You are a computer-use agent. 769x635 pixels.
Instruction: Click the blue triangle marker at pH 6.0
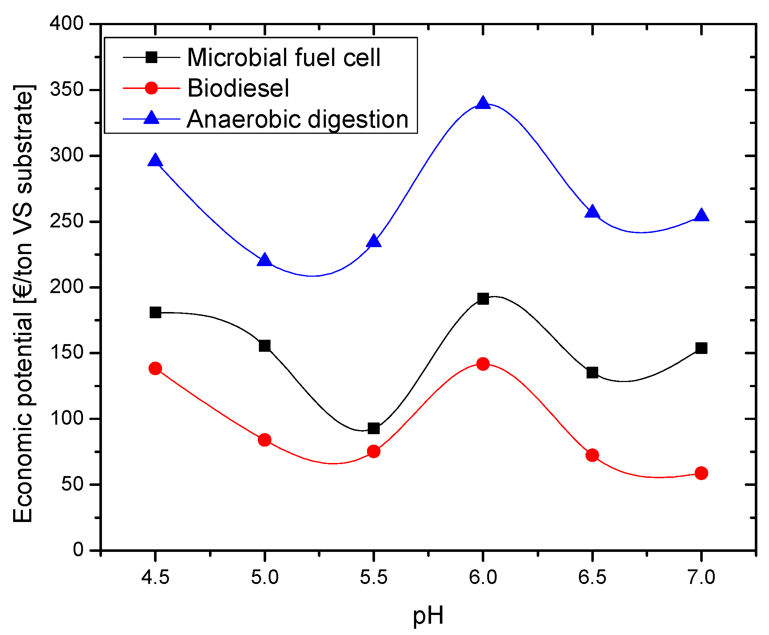coord(483,104)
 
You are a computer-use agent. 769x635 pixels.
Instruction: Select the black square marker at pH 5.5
coord(374,428)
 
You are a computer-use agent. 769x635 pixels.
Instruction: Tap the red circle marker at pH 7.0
coord(701,473)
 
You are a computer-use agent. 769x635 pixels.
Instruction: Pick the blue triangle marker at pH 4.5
coord(155,161)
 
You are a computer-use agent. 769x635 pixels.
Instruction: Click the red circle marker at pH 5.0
coord(264,440)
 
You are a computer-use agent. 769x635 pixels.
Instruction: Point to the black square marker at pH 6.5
coord(592,373)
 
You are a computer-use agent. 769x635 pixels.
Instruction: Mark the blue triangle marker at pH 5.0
coord(264,260)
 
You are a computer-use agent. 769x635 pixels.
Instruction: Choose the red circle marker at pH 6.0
coord(483,364)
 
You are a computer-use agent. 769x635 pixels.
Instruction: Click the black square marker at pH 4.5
coord(155,313)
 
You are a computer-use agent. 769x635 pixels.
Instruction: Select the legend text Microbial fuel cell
coord(284,58)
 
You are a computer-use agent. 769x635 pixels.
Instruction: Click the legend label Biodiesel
coord(238,89)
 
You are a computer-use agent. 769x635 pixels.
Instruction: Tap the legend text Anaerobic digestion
coord(297,120)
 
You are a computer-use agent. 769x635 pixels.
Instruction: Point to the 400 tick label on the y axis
coord(67,24)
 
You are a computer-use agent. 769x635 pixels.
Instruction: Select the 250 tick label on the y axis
coord(67,221)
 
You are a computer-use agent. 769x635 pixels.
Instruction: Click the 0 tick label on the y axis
coord(78,550)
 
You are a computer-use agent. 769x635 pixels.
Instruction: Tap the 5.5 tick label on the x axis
coord(373,577)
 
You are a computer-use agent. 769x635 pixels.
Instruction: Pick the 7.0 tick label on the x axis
coord(701,577)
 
